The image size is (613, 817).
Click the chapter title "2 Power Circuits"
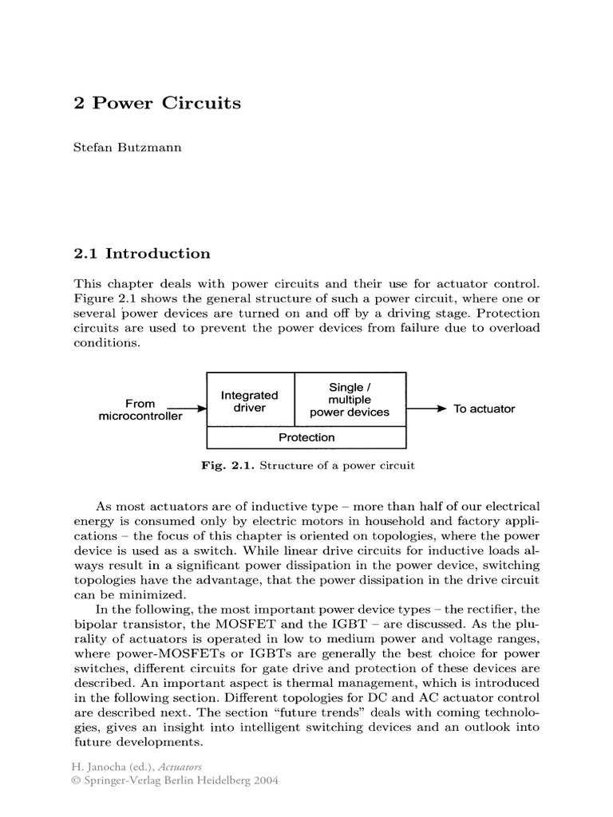tap(157, 104)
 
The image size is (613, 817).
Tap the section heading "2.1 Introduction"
tap(142, 254)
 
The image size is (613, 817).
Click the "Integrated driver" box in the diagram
tap(250, 401)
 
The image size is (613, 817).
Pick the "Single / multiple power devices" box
tap(350, 400)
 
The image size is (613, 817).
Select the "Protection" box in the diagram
tap(306, 437)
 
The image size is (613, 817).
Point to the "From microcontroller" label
tap(140, 409)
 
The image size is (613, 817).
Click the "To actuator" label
tap(484, 408)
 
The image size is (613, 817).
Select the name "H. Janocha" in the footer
tap(102, 768)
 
